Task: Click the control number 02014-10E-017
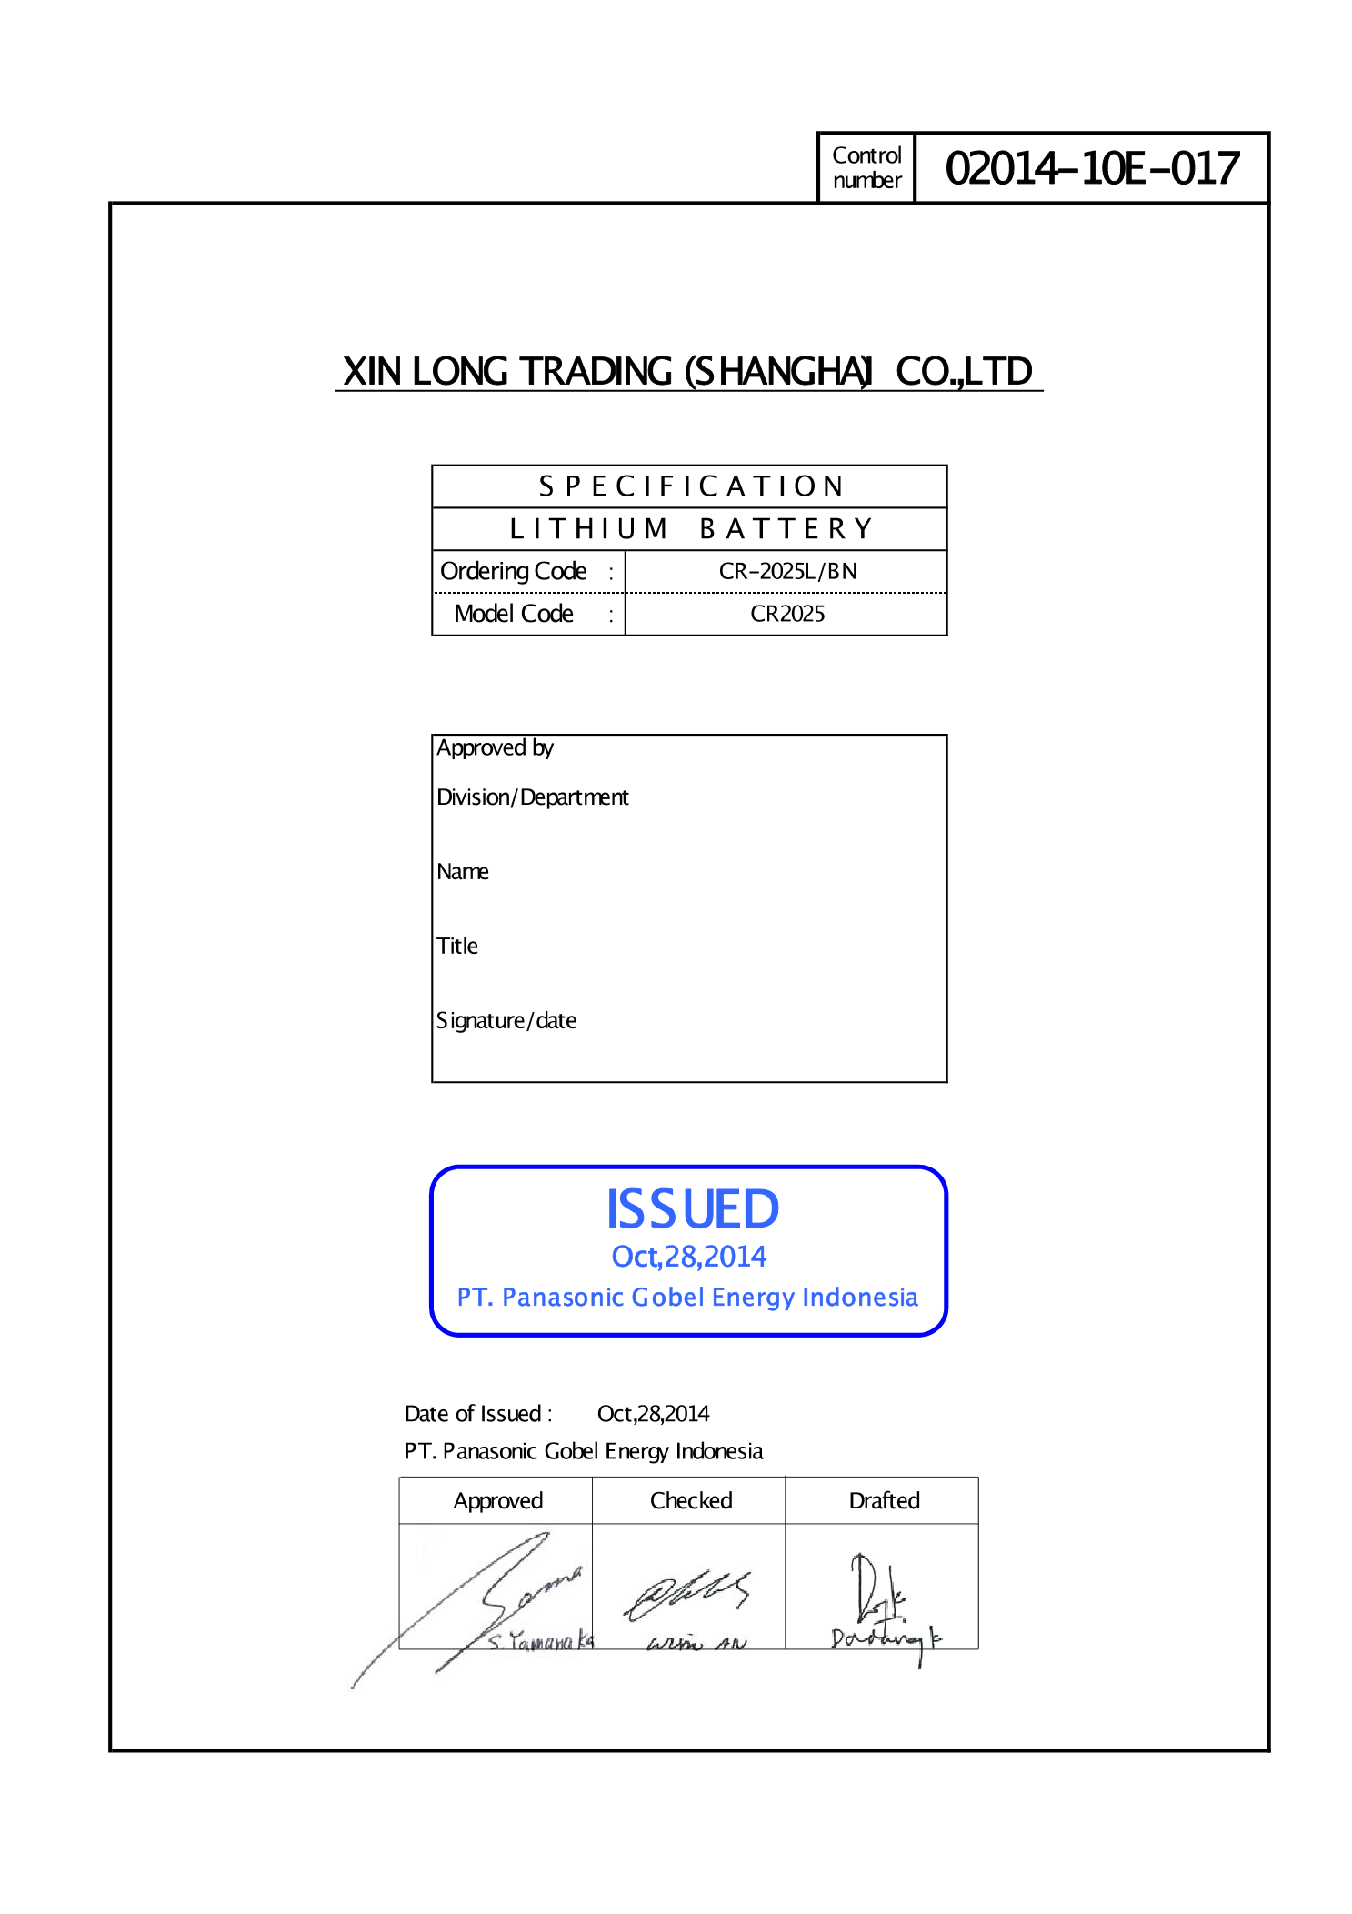click(x=1092, y=169)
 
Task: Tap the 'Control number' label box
click(x=866, y=168)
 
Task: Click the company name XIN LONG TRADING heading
click(x=688, y=372)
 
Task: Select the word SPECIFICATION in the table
click(x=691, y=486)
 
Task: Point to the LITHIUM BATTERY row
click(x=691, y=528)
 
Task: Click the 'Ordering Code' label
click(x=514, y=571)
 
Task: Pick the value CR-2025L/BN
click(x=787, y=571)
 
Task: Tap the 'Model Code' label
click(x=514, y=614)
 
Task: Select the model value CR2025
click(x=787, y=614)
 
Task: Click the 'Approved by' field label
click(x=495, y=747)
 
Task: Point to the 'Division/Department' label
click(x=532, y=797)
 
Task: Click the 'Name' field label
click(x=462, y=872)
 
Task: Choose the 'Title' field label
click(x=456, y=947)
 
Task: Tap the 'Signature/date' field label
click(x=506, y=1021)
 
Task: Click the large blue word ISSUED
click(x=692, y=1209)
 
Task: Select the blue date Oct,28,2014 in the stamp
click(x=689, y=1257)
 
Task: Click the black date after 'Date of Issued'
click(x=653, y=1414)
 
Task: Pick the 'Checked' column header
click(x=691, y=1500)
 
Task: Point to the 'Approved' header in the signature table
click(x=498, y=1500)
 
